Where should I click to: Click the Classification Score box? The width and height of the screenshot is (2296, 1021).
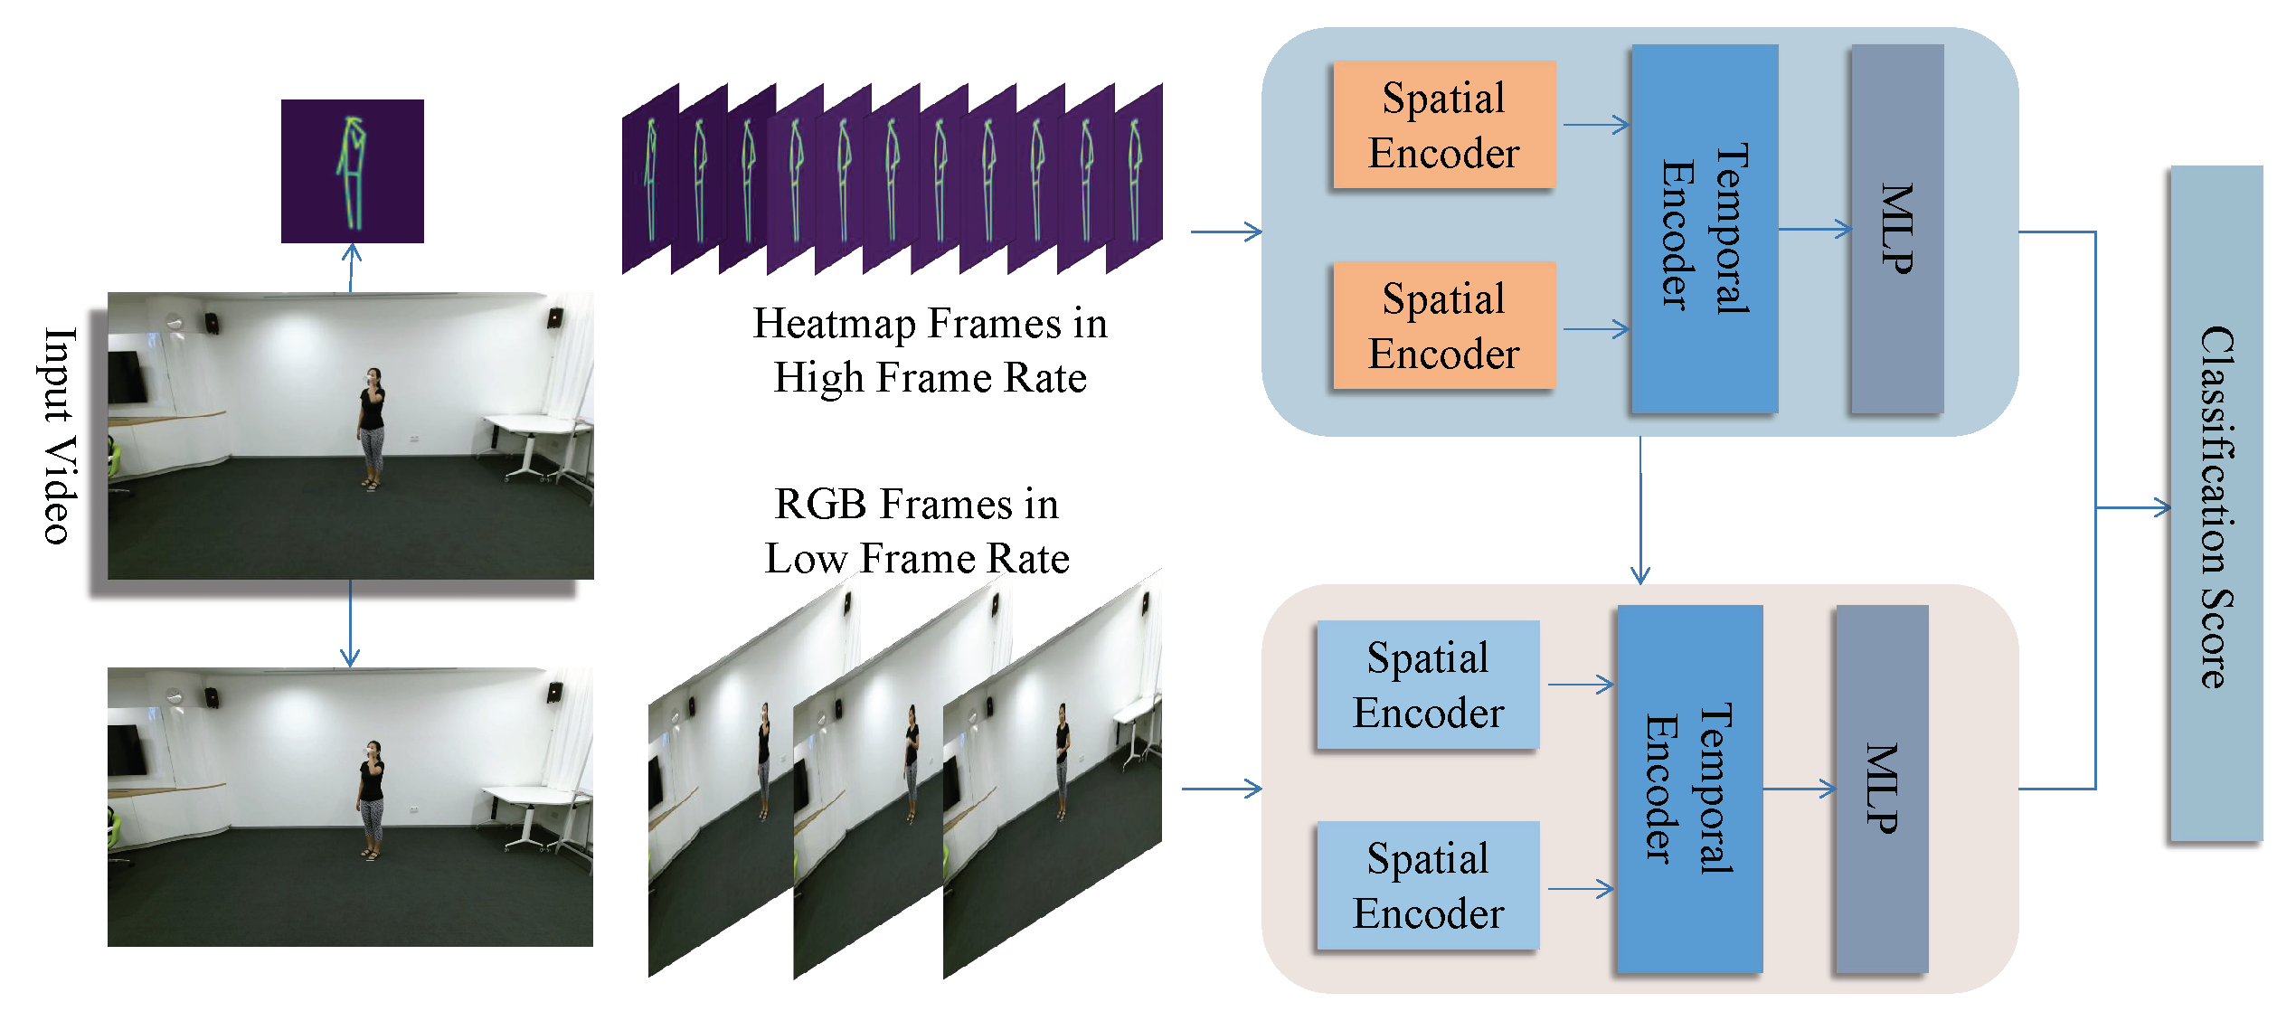pos(2215,504)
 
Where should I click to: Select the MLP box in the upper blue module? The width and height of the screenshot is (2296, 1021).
pos(1896,229)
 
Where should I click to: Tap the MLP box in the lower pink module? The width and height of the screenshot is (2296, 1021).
pos(1881,789)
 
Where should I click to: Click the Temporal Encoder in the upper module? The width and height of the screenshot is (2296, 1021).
pos(1704,229)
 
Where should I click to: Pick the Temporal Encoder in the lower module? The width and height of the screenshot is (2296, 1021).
pos(1688,789)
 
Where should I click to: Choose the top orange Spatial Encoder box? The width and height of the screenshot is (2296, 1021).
pos(1443,125)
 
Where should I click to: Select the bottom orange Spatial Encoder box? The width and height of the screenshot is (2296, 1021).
pos(1443,326)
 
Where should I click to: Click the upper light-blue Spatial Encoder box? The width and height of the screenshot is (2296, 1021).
pos(1427,685)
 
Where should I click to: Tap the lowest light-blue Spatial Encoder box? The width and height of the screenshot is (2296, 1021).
pos(1427,885)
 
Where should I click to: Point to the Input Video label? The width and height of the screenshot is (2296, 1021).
pos(59,435)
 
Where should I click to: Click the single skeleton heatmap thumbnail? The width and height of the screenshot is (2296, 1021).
pos(352,171)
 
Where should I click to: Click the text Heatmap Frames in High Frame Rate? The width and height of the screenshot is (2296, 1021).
pos(930,350)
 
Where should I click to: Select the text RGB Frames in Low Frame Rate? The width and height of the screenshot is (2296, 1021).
pos(916,531)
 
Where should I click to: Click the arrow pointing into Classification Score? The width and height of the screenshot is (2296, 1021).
pos(2134,508)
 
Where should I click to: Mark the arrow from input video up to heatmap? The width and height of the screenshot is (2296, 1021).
pos(352,268)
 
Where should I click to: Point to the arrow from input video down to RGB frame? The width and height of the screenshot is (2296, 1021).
pos(350,624)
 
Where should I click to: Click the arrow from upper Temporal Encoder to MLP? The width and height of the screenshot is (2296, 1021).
pos(1814,229)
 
